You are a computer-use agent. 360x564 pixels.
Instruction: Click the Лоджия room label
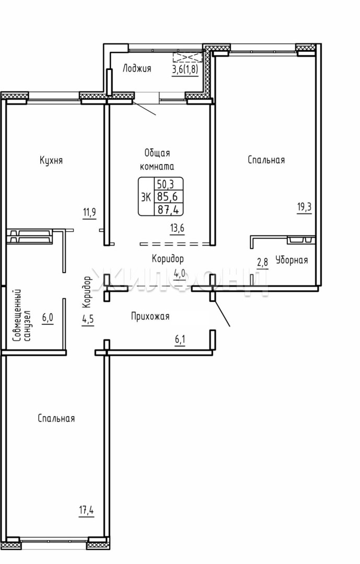pyautogui.click(x=137, y=68)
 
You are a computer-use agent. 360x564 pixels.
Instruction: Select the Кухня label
pyautogui.click(x=51, y=160)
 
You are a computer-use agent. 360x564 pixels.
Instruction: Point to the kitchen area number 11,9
pyautogui.click(x=89, y=212)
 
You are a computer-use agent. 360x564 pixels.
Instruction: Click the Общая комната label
pyautogui.click(x=157, y=160)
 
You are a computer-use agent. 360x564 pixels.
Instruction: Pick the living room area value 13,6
pyautogui.click(x=178, y=228)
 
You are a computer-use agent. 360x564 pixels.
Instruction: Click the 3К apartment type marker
pyautogui.click(x=146, y=197)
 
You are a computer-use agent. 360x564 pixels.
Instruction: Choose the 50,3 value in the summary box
pyautogui.click(x=165, y=184)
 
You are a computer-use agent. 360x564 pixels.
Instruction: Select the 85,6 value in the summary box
pyautogui.click(x=168, y=197)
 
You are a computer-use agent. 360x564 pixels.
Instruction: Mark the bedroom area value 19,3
pyautogui.click(x=304, y=207)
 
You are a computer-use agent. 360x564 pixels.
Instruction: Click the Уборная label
pyautogui.click(x=292, y=260)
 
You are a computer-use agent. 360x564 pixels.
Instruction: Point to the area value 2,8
pyautogui.click(x=262, y=262)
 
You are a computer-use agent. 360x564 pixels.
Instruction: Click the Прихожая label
pyautogui.click(x=150, y=316)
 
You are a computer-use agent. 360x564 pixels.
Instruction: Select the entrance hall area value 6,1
pyautogui.click(x=180, y=339)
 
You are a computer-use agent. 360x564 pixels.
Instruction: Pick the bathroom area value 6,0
pyautogui.click(x=48, y=318)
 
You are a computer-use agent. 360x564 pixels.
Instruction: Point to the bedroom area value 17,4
pyautogui.click(x=86, y=510)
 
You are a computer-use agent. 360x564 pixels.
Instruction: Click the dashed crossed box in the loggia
pyautogui.click(x=188, y=57)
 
